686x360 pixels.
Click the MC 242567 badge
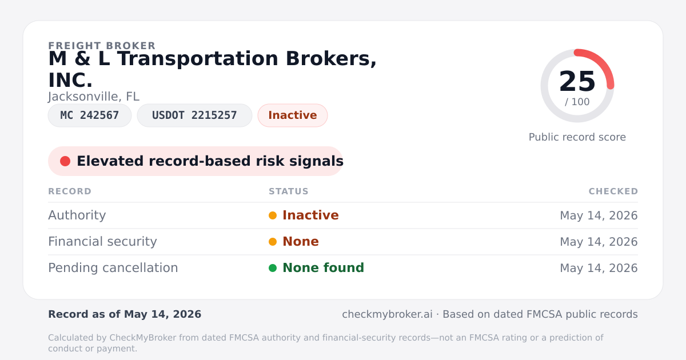pos(90,115)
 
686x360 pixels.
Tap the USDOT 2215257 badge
pos(194,115)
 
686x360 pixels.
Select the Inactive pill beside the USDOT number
pos(293,115)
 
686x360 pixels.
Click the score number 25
pos(577,81)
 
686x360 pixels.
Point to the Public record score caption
pos(577,137)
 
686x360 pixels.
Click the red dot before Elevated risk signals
pos(65,161)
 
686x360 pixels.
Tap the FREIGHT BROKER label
pos(102,46)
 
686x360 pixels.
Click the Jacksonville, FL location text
pos(94,97)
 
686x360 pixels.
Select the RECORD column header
pos(70,191)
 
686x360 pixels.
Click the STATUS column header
pos(289,191)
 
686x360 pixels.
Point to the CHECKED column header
pos(613,191)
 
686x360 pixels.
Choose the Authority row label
pos(77,215)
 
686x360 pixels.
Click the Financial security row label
pos(102,242)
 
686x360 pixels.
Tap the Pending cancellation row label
pos(113,268)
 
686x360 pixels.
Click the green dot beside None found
pos(273,268)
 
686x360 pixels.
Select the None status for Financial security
pos(301,242)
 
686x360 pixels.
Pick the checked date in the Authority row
pos(599,215)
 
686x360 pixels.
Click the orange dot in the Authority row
pos(273,215)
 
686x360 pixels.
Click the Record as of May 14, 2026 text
pos(125,314)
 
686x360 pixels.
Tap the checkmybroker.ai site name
pos(387,314)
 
